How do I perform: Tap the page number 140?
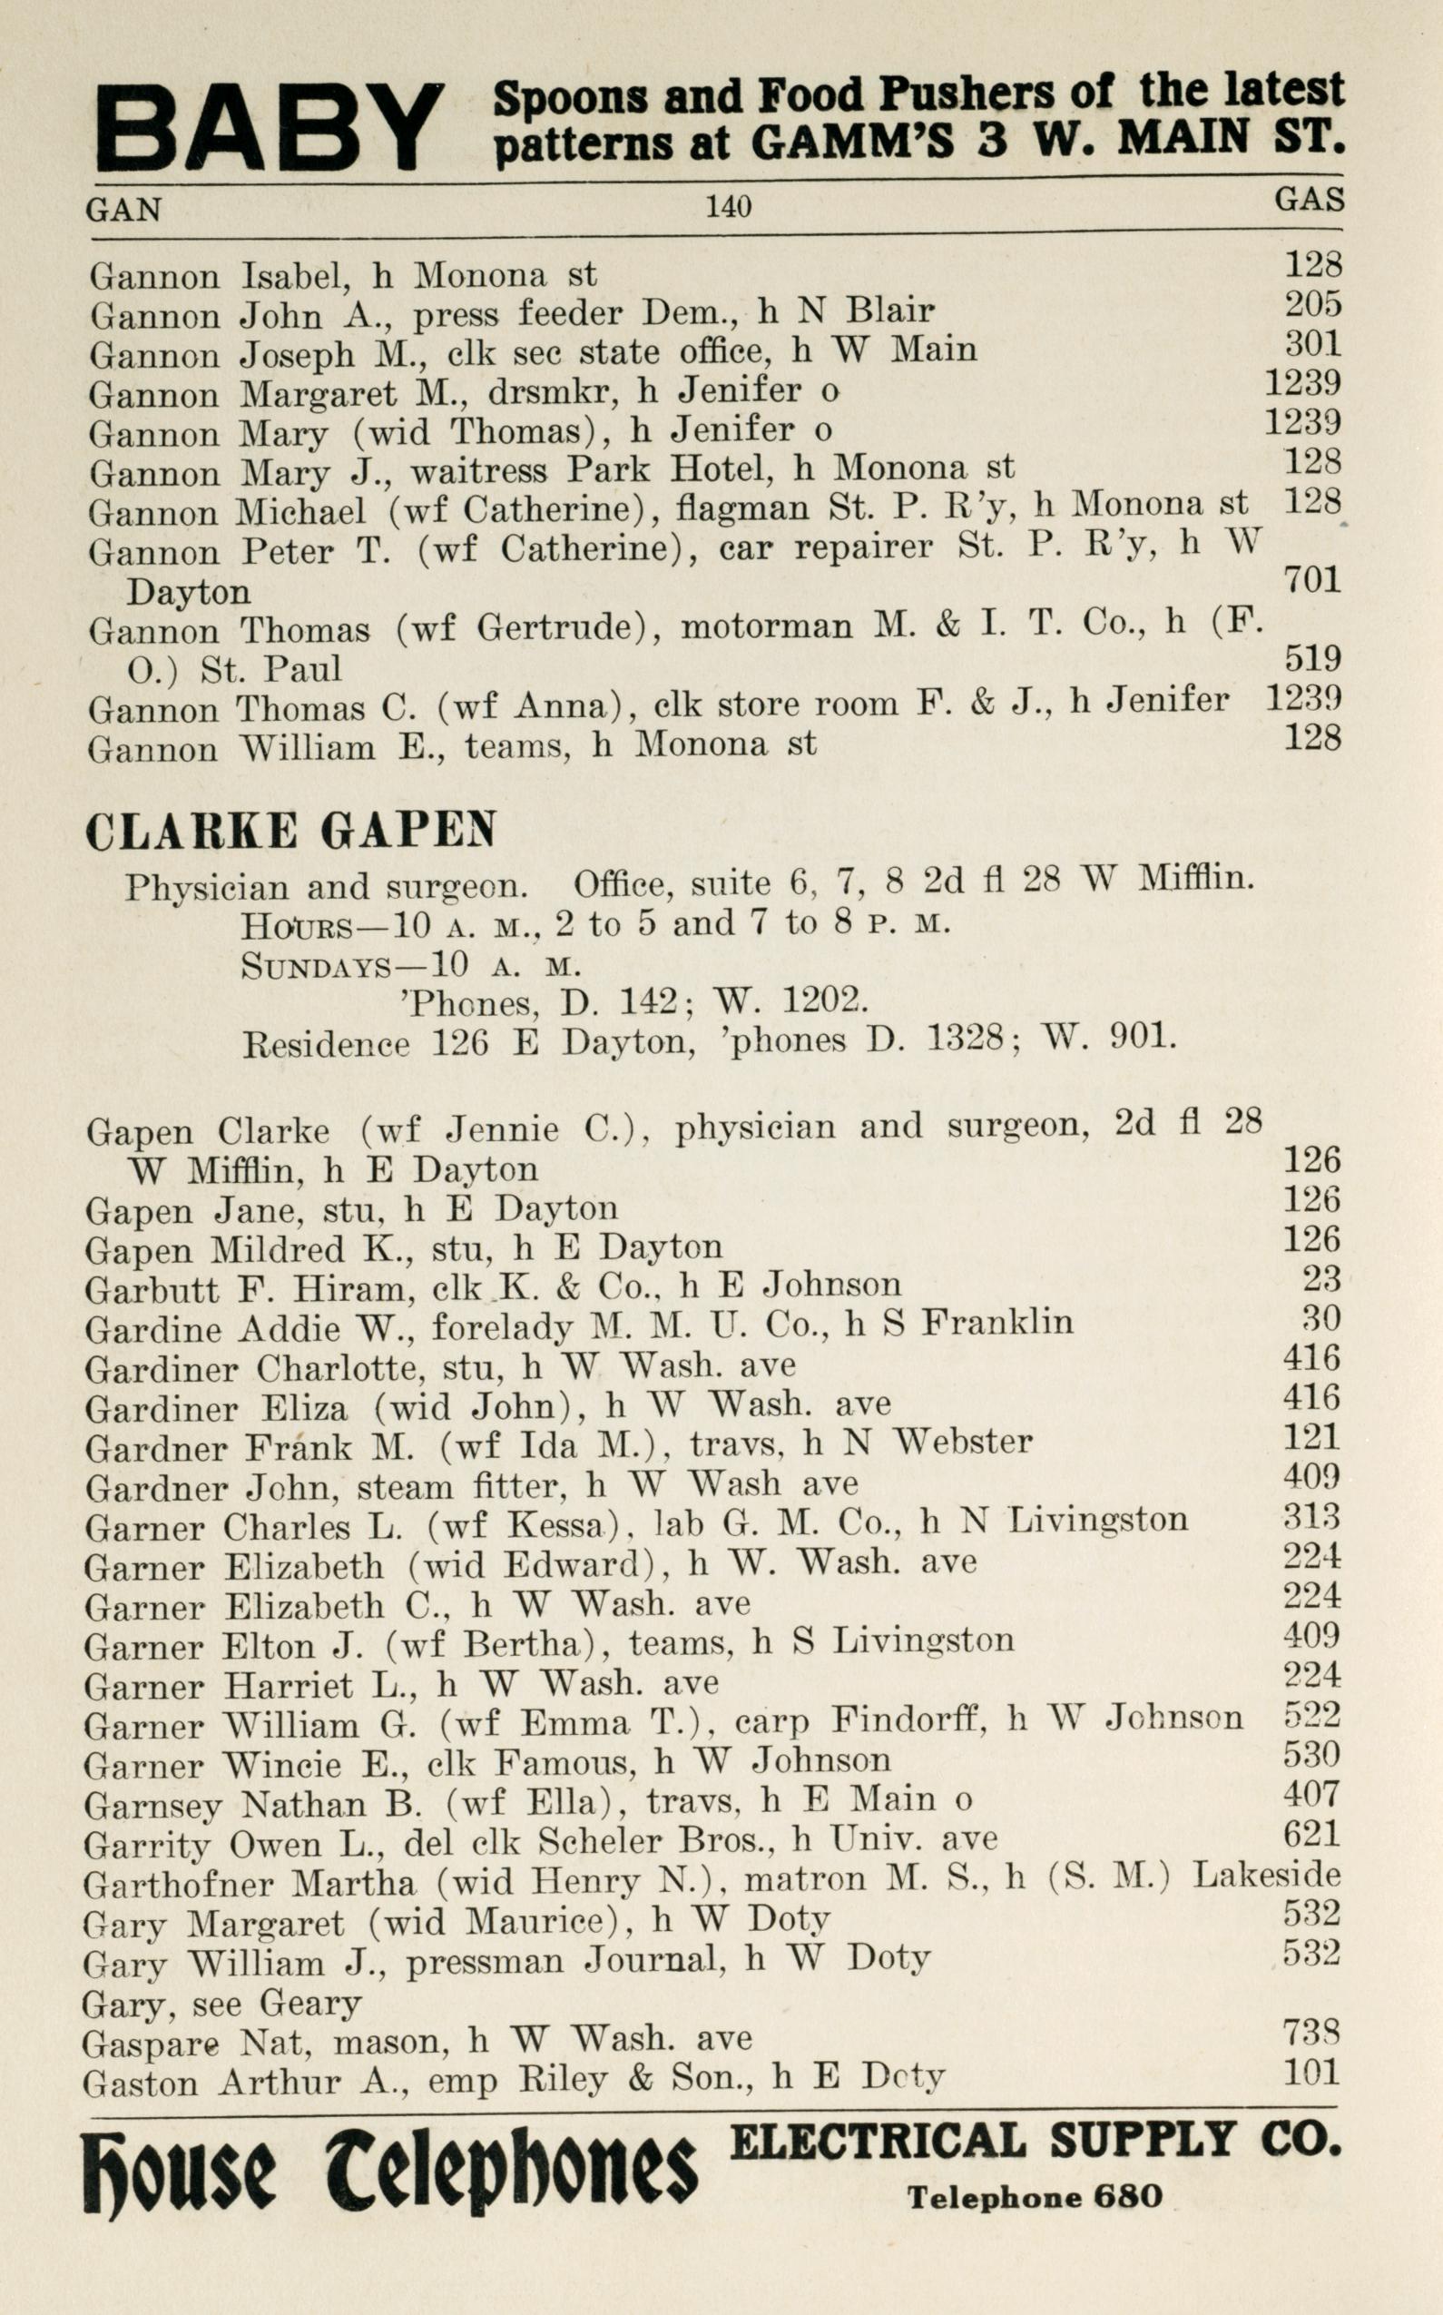tap(728, 206)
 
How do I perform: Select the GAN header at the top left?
tap(124, 209)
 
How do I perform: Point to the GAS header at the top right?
tap(1310, 200)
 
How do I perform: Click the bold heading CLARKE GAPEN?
tap(291, 832)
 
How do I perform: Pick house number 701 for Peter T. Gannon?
tap(1312, 579)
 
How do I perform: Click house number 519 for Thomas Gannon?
tap(1312, 659)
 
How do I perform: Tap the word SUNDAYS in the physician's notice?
tap(315, 966)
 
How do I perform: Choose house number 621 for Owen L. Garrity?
tap(1312, 1834)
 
